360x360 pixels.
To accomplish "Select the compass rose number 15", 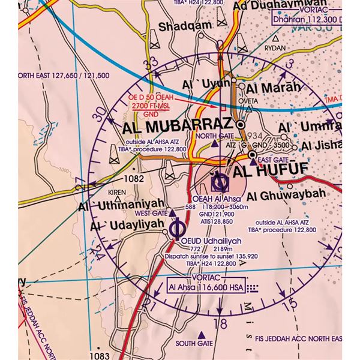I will click(x=292, y=305).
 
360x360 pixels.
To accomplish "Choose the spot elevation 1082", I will click(x=133, y=179).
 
